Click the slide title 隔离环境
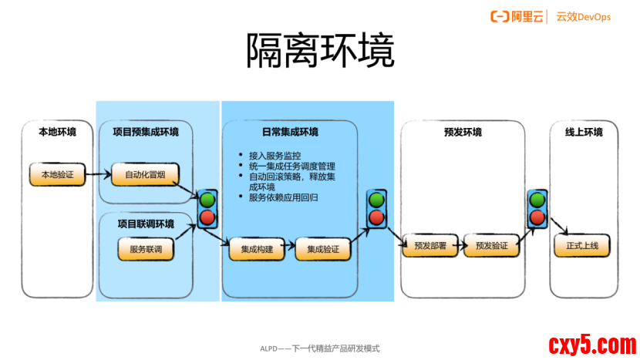tap(320, 52)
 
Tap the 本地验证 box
tap(56, 174)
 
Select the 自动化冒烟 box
tap(140, 174)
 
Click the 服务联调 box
tap(145, 249)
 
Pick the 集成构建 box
tap(251, 249)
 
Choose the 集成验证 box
tap(323, 249)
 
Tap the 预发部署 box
tap(429, 247)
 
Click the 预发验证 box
tap(491, 247)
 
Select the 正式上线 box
tap(582, 247)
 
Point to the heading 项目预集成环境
tap(145, 132)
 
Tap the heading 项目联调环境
tap(145, 224)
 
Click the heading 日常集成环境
tap(290, 132)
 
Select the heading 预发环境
tap(463, 132)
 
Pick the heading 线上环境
tap(583, 132)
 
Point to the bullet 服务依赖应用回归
tap(284, 198)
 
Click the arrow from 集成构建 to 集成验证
tap(286, 249)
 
